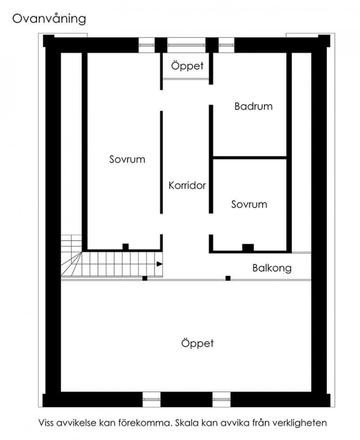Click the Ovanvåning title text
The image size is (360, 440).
[x=49, y=19]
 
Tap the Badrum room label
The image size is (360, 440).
[x=253, y=106]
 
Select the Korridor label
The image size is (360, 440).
[x=187, y=185]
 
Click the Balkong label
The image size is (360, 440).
[x=272, y=268]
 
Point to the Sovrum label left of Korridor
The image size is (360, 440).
[x=127, y=159]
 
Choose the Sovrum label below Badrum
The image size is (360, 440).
[x=249, y=204]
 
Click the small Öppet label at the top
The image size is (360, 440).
[x=187, y=66]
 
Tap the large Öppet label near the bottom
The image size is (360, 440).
[x=197, y=343]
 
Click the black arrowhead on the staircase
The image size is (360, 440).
[x=159, y=264]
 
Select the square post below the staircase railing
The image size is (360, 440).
[x=145, y=278]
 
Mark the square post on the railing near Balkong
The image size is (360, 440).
[x=228, y=278]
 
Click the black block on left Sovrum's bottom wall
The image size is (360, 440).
[x=126, y=246]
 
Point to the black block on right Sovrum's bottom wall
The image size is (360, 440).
[x=248, y=247]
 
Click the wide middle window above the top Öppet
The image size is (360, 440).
[x=187, y=45]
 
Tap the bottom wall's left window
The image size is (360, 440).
[x=152, y=400]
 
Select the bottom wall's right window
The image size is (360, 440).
[x=221, y=400]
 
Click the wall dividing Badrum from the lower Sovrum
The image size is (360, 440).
[x=250, y=158]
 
